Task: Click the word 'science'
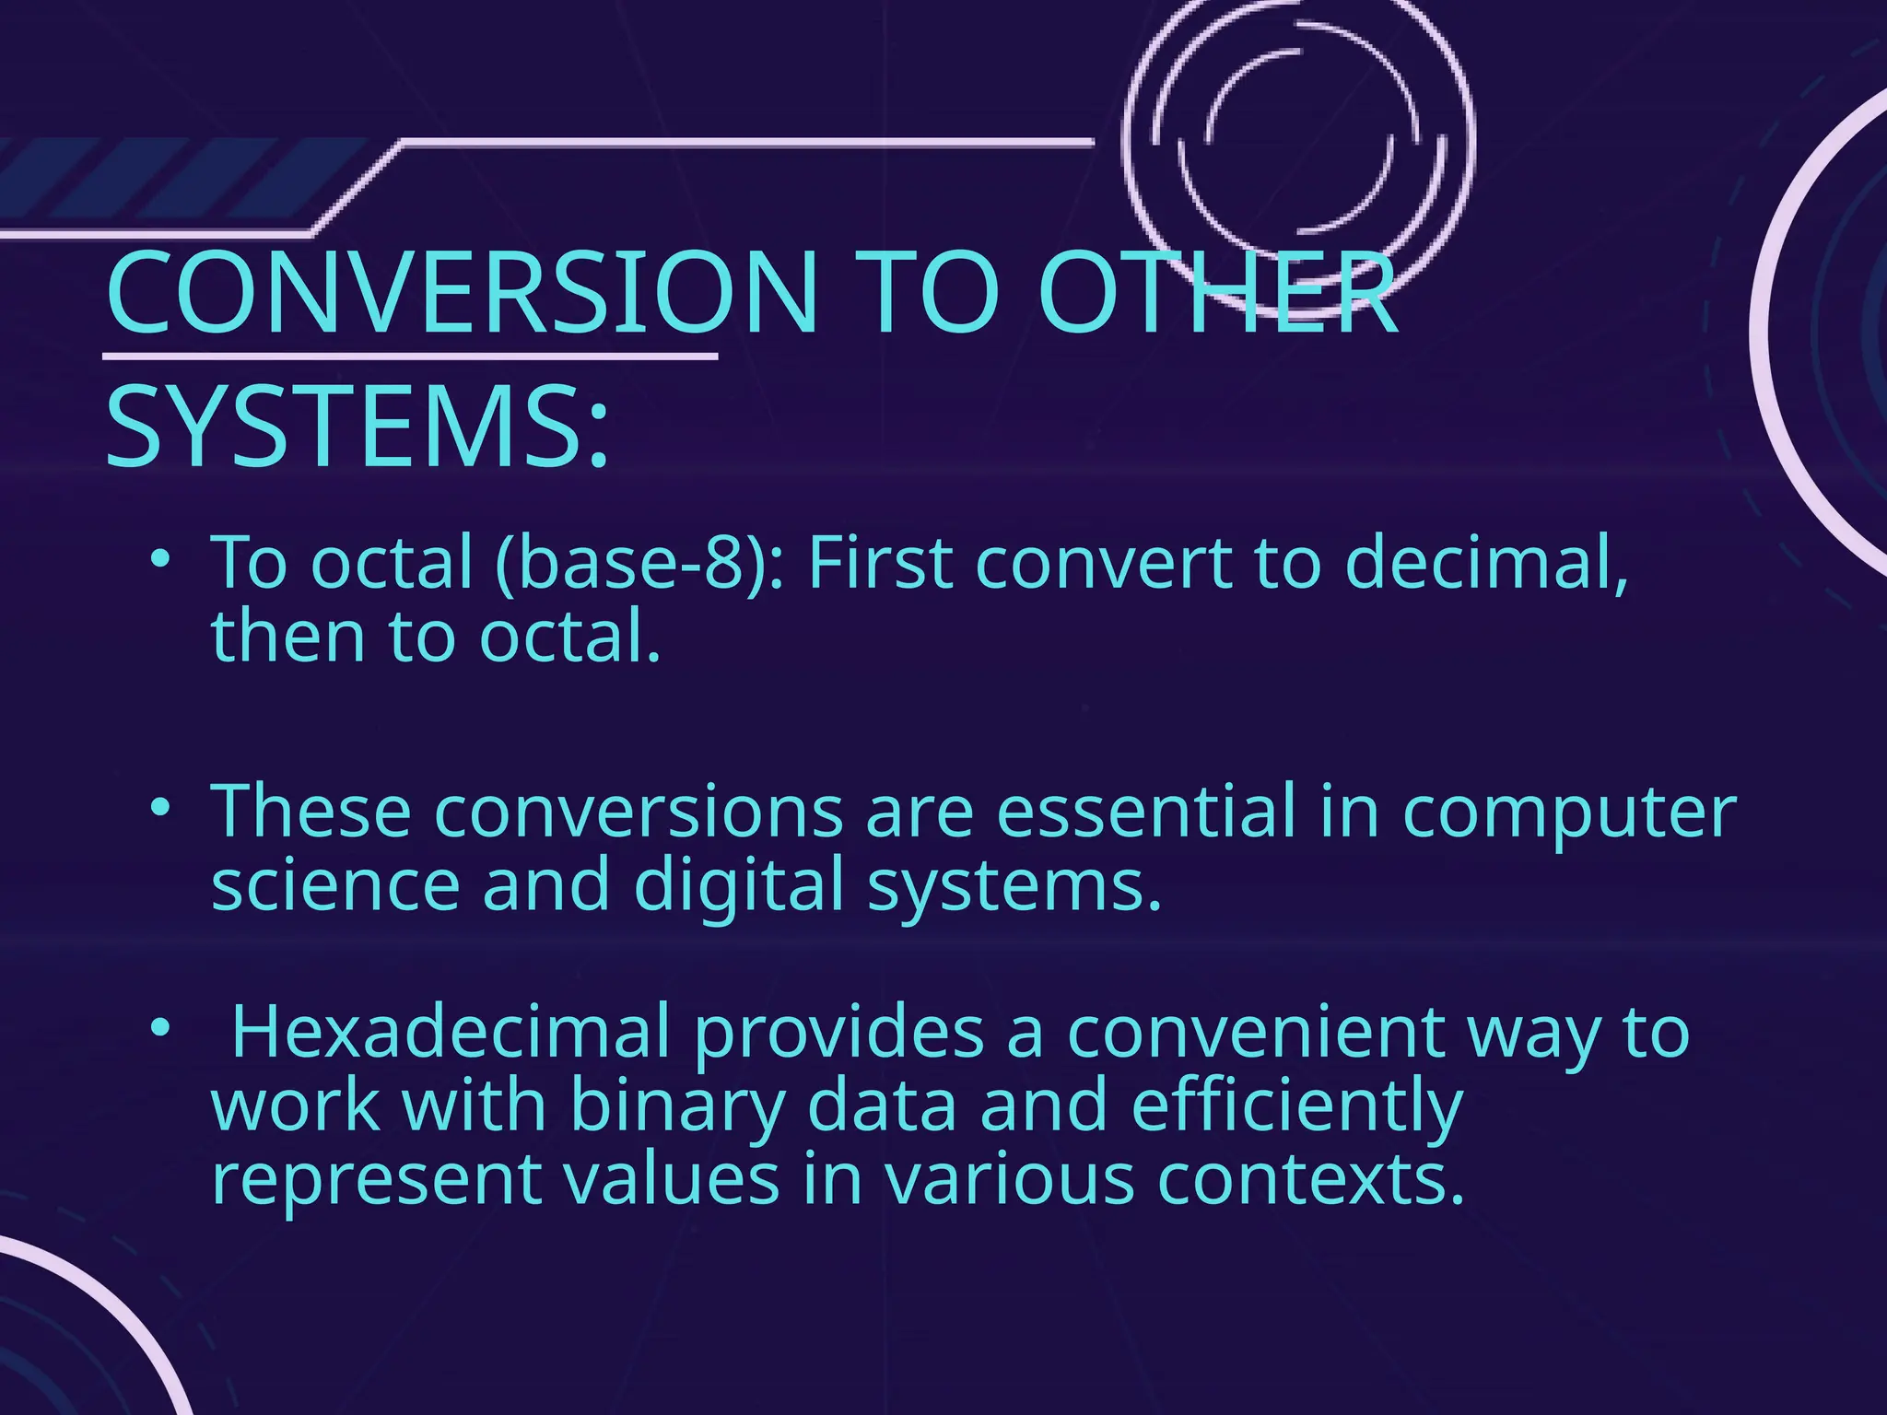point(335,884)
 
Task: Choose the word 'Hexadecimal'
point(451,1032)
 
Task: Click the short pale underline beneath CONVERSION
point(409,356)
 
